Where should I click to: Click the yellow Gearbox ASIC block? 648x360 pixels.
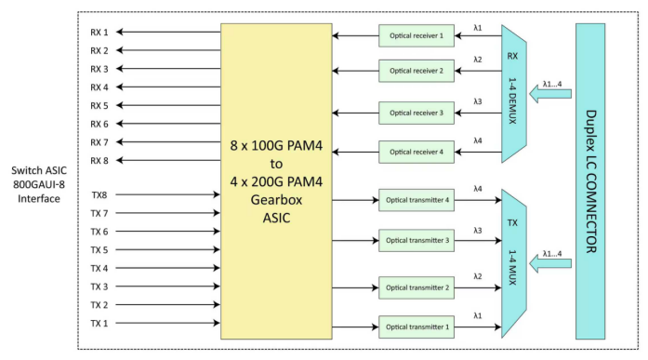click(276, 181)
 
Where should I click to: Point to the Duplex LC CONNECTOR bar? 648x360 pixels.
click(590, 181)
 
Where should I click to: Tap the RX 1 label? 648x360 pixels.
click(99, 32)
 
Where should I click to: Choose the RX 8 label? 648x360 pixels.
click(99, 160)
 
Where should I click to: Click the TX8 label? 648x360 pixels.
click(99, 195)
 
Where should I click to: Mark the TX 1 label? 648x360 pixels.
click(99, 323)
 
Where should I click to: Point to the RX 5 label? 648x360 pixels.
click(99, 105)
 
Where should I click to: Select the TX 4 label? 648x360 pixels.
click(99, 268)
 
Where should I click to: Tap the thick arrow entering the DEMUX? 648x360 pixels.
click(555, 94)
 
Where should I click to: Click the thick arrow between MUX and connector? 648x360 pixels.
click(555, 264)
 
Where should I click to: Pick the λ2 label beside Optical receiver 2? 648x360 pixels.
click(477, 60)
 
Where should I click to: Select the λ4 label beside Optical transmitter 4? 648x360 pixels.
click(477, 189)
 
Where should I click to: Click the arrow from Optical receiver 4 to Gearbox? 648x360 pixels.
click(355, 152)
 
